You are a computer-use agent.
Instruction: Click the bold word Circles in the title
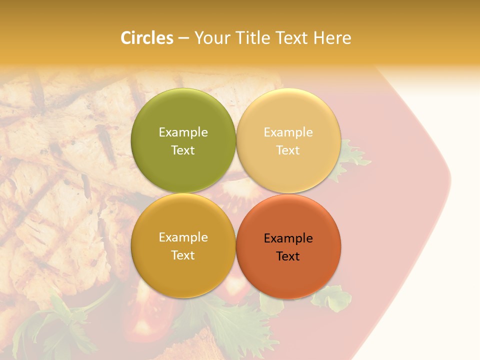pyautogui.click(x=146, y=38)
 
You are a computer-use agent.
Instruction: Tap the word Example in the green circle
pyautogui.click(x=183, y=132)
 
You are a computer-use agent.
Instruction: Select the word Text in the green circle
pyautogui.click(x=183, y=150)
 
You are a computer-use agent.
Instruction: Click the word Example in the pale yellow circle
pyautogui.click(x=288, y=132)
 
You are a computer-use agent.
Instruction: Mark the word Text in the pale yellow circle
pyautogui.click(x=288, y=150)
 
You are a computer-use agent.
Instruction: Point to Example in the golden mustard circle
pyautogui.click(x=183, y=237)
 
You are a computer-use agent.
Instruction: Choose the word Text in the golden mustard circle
pyautogui.click(x=183, y=255)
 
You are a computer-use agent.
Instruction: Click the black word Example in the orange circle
pyautogui.click(x=288, y=238)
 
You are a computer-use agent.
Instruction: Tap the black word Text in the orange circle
pyautogui.click(x=288, y=256)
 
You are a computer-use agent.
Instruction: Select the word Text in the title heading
pyautogui.click(x=290, y=38)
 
